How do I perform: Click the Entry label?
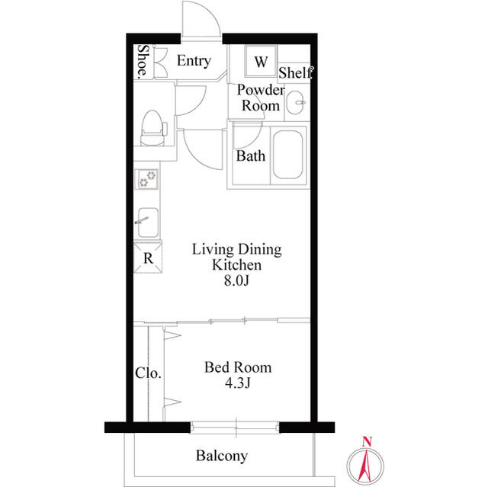[194, 62]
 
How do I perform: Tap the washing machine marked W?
[261, 62]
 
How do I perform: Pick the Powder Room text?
[261, 98]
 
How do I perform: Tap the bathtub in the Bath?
[287, 157]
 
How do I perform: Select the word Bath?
[250, 157]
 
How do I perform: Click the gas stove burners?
[147, 180]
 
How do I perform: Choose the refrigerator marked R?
[148, 258]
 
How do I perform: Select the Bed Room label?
[237, 367]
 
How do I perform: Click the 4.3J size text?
[237, 383]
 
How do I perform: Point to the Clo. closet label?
[148, 373]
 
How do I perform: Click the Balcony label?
[222, 457]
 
